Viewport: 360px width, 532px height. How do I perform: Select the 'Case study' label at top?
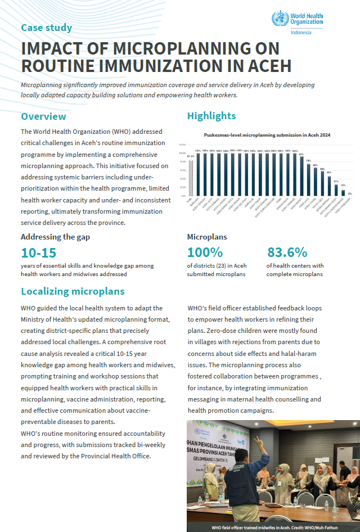[x=46, y=28]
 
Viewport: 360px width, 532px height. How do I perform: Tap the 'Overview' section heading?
[x=43, y=116]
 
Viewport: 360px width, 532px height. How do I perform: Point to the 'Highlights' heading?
[x=211, y=116]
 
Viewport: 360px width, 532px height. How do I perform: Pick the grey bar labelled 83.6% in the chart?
[x=190, y=177]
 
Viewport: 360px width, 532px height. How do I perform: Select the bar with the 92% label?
[x=301, y=174]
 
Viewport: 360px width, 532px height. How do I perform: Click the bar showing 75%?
[x=308, y=178]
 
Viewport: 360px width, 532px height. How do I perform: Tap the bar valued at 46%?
[x=329, y=184]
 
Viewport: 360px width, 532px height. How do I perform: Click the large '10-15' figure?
[x=38, y=253]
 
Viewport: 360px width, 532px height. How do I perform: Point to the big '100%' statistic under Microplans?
[x=205, y=253]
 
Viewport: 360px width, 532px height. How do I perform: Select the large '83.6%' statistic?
[x=287, y=253]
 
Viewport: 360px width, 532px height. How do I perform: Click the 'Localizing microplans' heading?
[x=73, y=291]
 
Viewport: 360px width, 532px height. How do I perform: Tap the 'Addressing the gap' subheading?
[x=55, y=237]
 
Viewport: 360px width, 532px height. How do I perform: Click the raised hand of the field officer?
[x=257, y=441]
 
